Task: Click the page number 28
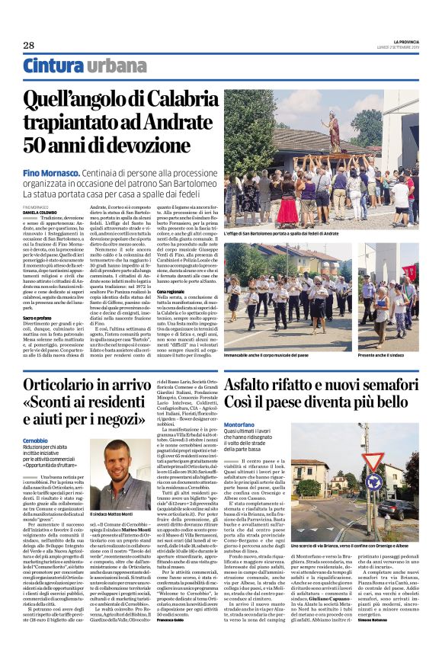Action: pos(29,45)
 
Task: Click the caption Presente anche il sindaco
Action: pos(396,357)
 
